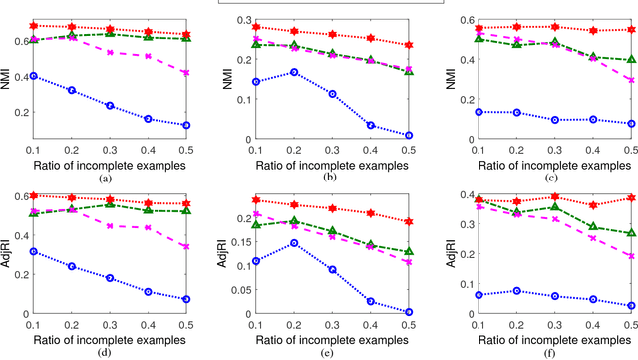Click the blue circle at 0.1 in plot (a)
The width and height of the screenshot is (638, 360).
coord(34,76)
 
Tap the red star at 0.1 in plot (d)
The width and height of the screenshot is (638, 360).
coord(34,195)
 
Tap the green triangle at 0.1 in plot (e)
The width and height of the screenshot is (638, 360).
coord(256,225)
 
